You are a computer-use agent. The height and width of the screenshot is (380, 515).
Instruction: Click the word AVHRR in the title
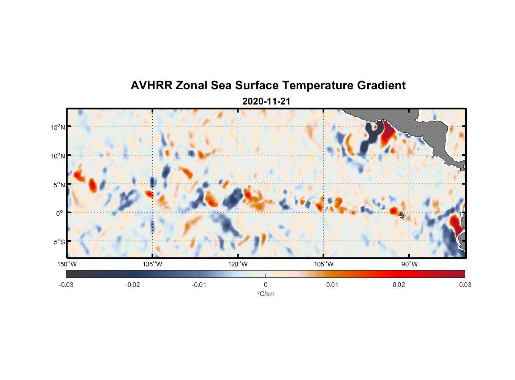coord(151,85)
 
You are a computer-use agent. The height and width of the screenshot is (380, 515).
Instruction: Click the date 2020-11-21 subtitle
coord(266,101)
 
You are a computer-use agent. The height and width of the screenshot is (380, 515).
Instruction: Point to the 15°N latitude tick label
coord(58,127)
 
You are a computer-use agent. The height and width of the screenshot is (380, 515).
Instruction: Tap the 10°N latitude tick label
coord(58,156)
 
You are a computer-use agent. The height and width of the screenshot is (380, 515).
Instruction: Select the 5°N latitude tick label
coord(59,185)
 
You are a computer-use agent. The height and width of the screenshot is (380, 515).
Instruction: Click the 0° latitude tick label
coord(60,213)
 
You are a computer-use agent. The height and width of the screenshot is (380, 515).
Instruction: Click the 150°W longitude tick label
coord(67,264)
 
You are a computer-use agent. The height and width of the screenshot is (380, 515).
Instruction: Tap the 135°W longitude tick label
coord(152,264)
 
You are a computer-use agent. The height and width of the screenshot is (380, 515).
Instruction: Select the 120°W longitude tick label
coord(238,264)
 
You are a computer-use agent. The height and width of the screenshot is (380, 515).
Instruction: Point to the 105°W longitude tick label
coord(324,264)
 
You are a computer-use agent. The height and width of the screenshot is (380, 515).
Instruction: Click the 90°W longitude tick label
coord(409,264)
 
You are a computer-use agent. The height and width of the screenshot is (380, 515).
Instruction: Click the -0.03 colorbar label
coord(66,285)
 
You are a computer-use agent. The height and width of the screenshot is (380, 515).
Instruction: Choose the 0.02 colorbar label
coord(399,285)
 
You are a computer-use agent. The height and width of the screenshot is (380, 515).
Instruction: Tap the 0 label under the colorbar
coord(265,285)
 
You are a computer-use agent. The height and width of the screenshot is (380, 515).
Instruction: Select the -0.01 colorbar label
coord(199,285)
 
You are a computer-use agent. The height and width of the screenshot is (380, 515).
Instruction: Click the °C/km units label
coord(265,294)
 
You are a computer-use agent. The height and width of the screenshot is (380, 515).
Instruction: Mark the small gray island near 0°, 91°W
coord(402,215)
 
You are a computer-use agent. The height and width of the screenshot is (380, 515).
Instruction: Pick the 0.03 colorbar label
coord(465,285)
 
